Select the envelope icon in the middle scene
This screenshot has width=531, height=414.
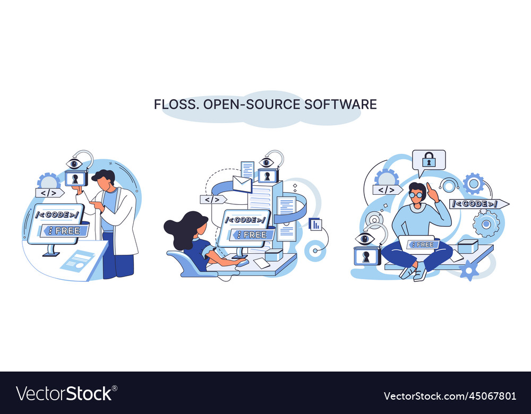click(x=242, y=184)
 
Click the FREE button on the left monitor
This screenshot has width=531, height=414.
click(x=65, y=230)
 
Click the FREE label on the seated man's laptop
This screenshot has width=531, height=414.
click(x=423, y=244)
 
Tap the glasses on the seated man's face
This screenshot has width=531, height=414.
click(x=416, y=195)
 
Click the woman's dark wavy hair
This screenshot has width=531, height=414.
click(x=183, y=229)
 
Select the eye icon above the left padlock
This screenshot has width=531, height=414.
click(x=74, y=163)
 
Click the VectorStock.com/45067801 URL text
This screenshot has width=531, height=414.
click(x=449, y=396)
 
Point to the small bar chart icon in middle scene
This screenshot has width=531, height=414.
click(x=315, y=224)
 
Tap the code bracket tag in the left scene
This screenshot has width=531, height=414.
click(x=49, y=193)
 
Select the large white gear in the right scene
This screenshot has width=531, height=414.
click(x=486, y=223)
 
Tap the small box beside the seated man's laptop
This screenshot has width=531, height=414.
click(x=467, y=246)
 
